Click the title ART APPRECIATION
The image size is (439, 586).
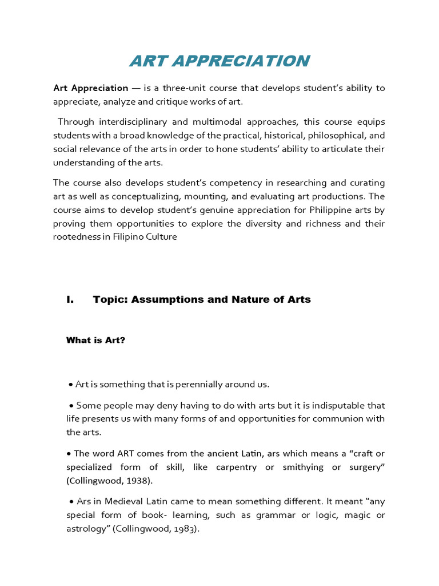click(219, 61)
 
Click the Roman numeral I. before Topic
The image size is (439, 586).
click(70, 299)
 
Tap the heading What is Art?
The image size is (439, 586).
click(95, 340)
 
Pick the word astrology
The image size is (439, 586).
click(88, 529)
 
